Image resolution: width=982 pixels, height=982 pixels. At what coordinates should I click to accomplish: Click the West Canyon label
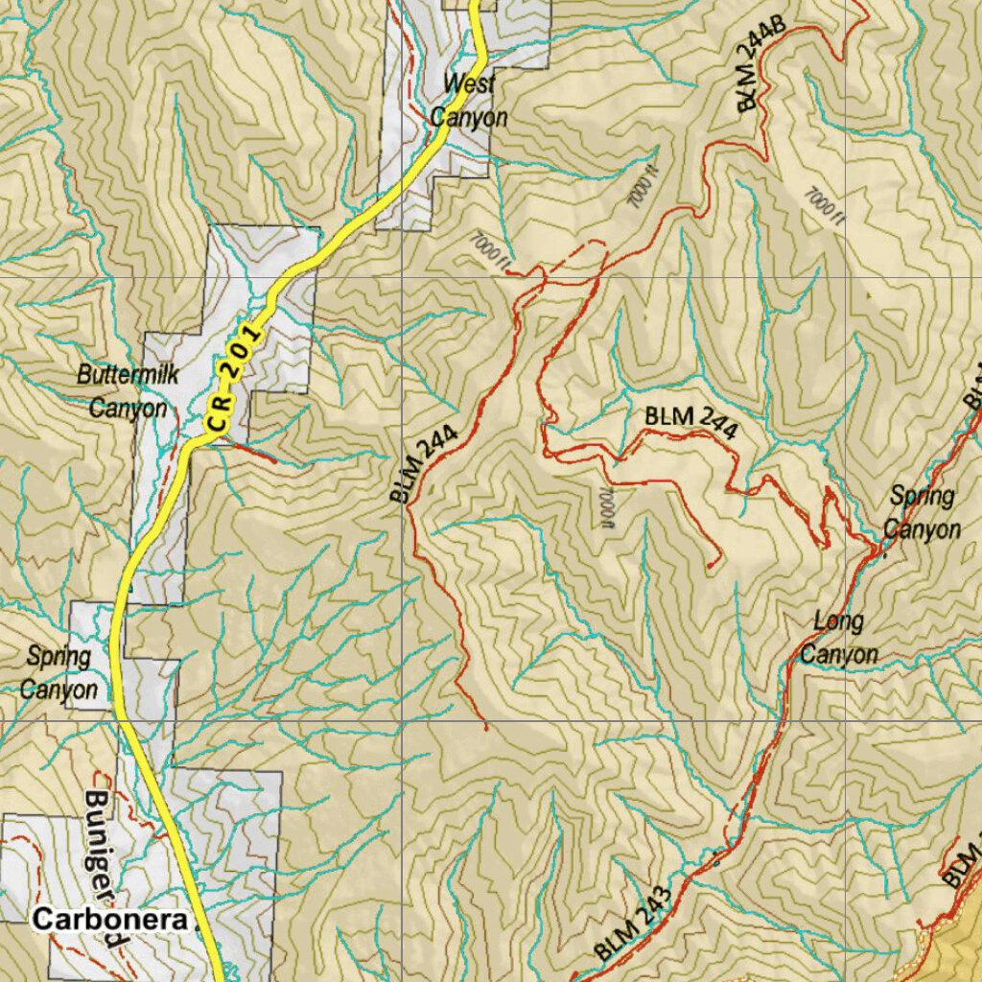[x=468, y=100]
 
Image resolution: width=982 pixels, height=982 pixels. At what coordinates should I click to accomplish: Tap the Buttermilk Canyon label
[x=128, y=391]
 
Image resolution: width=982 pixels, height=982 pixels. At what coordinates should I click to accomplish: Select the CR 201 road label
[x=233, y=377]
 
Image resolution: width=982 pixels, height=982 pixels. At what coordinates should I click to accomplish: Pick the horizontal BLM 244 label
[x=690, y=423]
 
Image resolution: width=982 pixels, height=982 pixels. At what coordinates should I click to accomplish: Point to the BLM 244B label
[x=761, y=65]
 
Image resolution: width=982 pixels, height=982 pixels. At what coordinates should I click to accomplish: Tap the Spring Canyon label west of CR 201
[x=60, y=673]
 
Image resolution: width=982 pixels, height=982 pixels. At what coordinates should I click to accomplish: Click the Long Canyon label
[x=839, y=638]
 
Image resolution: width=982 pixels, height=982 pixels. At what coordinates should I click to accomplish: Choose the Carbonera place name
[x=109, y=920]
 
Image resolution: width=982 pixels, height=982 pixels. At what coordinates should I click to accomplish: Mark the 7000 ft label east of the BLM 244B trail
[x=821, y=202]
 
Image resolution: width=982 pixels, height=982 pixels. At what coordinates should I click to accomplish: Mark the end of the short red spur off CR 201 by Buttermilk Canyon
[x=275, y=462]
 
